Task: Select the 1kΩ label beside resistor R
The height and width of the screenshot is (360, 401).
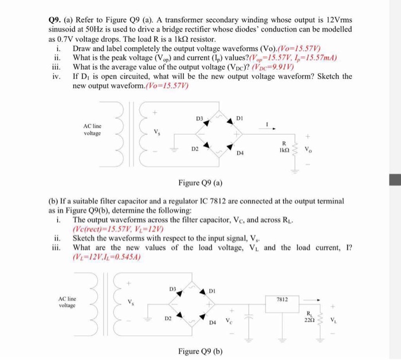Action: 284,150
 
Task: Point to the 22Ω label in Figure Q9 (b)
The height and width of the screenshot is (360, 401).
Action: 311,319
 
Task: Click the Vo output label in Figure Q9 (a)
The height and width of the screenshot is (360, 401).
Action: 310,150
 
